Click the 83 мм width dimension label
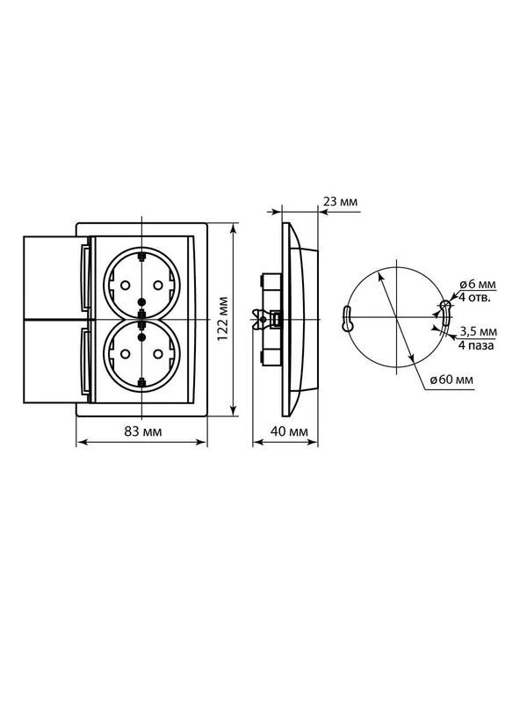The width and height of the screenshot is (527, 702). [x=143, y=431]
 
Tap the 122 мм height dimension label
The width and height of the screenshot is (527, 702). [x=223, y=318]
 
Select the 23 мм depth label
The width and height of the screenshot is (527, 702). [x=340, y=201]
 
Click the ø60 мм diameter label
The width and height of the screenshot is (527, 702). [x=451, y=380]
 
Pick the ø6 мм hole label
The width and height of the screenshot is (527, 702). [x=478, y=284]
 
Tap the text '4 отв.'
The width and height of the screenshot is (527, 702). [x=474, y=297]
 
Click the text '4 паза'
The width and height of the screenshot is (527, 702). [x=476, y=345]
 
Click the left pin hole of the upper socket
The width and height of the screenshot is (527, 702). [x=126, y=285]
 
